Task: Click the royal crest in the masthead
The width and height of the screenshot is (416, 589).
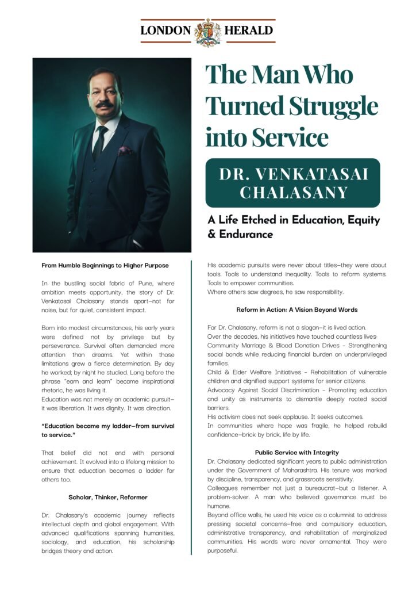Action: (207, 31)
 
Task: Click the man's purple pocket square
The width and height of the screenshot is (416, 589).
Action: (125, 151)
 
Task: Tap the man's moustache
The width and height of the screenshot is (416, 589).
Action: (104, 105)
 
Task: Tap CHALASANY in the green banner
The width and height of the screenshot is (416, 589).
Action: (293, 193)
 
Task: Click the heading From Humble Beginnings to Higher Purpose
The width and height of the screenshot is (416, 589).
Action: (105, 265)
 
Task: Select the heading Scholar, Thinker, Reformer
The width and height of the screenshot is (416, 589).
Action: (108, 496)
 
